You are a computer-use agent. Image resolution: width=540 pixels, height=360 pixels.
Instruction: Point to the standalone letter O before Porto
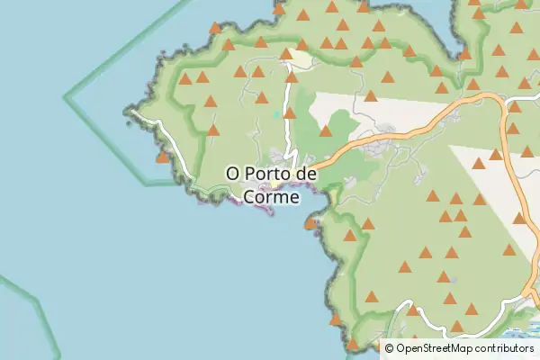[232, 172]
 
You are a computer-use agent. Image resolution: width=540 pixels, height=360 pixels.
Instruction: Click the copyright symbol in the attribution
[390, 347]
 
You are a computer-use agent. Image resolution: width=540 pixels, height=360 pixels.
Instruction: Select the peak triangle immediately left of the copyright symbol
[376, 345]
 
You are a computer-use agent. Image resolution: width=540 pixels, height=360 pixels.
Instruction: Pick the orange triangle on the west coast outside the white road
[162, 157]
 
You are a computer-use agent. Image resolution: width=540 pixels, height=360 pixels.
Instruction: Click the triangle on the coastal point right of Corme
[310, 222]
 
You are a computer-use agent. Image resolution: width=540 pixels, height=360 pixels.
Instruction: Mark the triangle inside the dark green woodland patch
[326, 131]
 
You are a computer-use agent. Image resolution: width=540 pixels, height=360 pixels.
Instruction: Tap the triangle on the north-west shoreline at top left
[214, 28]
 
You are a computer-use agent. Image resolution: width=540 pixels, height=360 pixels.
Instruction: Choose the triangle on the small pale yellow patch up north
[286, 54]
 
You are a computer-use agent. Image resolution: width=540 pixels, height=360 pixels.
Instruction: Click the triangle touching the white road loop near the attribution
[413, 310]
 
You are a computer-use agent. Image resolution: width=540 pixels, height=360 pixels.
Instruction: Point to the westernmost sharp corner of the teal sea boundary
[65, 94]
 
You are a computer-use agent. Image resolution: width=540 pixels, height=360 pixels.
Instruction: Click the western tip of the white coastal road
[133, 112]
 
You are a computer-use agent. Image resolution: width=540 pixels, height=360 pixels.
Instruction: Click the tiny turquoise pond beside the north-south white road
[277, 114]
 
